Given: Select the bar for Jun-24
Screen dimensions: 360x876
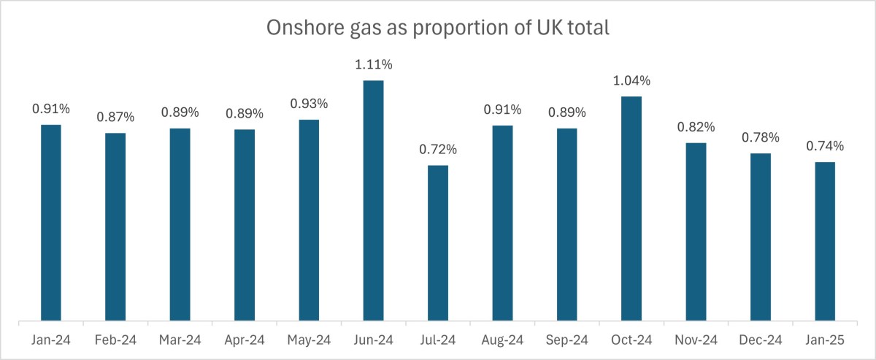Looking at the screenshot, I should [x=373, y=200].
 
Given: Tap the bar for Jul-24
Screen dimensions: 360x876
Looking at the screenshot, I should [x=438, y=242].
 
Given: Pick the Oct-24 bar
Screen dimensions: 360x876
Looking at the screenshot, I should [x=631, y=208].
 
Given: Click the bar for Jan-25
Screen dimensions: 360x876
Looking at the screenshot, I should [x=825, y=241].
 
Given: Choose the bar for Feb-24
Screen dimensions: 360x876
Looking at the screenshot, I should [x=115, y=226].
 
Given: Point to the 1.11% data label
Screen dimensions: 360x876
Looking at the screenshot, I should [x=373, y=65].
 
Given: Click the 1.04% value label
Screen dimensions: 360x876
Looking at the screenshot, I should [x=631, y=81].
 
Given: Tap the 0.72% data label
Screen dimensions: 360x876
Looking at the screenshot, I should [x=438, y=150].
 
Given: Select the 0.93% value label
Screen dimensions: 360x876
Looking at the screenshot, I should [x=309, y=104].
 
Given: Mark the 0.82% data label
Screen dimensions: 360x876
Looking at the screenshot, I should [x=696, y=127].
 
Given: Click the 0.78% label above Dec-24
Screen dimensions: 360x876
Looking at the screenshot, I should [x=760, y=137].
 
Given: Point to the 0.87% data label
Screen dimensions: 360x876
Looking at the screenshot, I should [x=115, y=117].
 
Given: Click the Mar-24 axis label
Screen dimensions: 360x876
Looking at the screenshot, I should [x=180, y=340].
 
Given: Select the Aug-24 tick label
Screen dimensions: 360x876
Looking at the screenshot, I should [x=502, y=340].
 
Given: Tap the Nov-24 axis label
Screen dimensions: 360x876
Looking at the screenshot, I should [x=696, y=340].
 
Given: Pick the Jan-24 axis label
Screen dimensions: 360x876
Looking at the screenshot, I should [x=50, y=340].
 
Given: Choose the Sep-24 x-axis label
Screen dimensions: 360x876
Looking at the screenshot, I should [x=566, y=340].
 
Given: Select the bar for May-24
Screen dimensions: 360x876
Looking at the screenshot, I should [x=309, y=220].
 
